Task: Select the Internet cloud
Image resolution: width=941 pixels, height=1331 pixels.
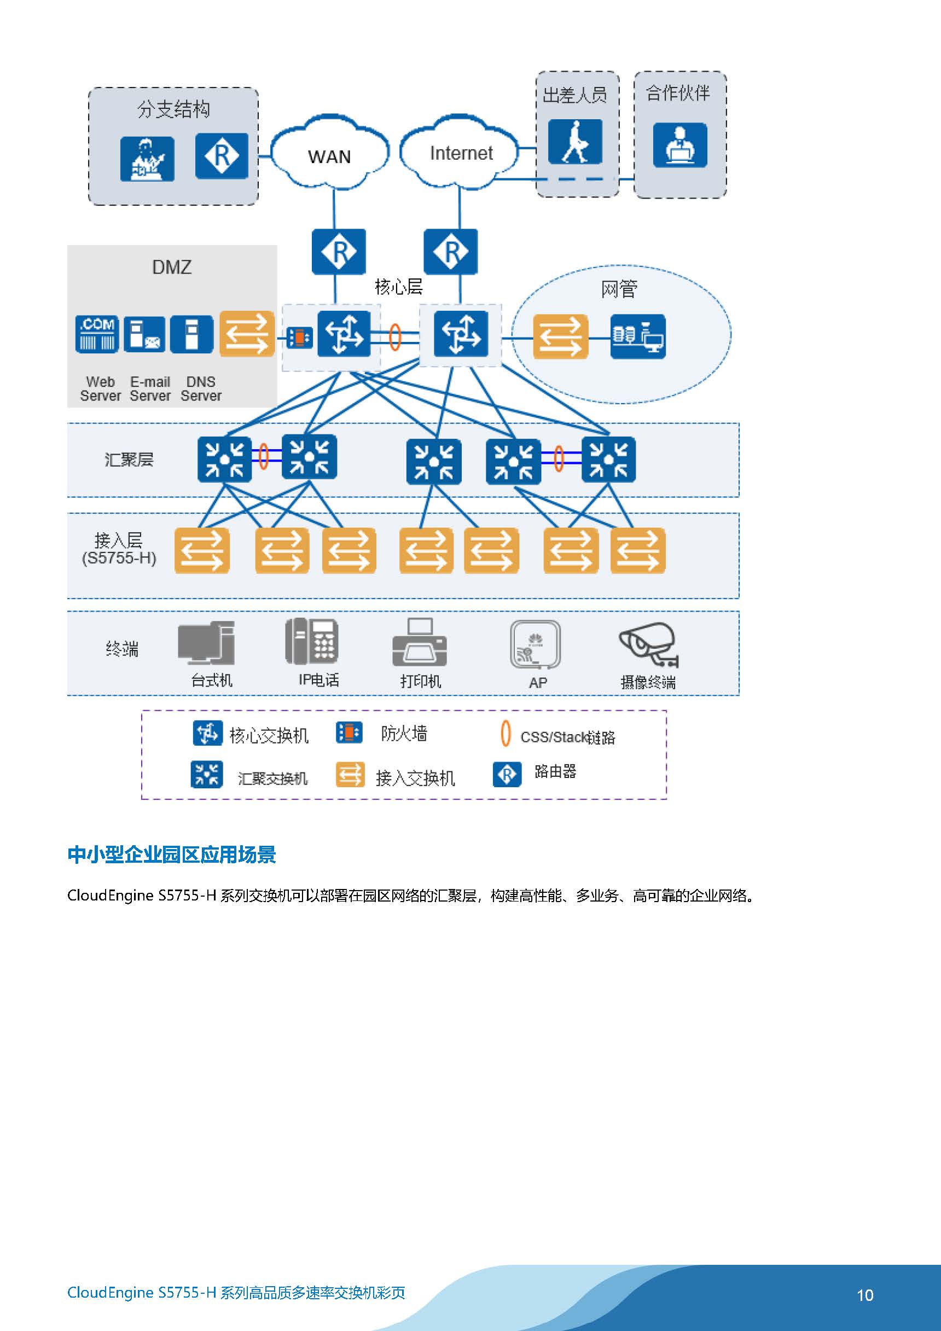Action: click(459, 152)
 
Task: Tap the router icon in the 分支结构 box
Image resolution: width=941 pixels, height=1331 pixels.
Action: click(222, 156)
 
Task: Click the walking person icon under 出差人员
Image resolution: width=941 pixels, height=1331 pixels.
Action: click(575, 142)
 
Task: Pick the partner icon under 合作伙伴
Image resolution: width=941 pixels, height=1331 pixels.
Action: click(680, 145)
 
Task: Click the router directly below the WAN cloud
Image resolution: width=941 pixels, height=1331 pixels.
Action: click(339, 252)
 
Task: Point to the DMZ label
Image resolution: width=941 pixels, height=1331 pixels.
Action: click(172, 268)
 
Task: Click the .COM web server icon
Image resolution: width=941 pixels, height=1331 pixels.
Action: click(97, 334)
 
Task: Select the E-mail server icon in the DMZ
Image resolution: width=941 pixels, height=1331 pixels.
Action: click(144, 334)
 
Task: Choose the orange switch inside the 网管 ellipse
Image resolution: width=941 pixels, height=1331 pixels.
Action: click(561, 336)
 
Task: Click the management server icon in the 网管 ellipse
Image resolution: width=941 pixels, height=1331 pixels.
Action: click(638, 336)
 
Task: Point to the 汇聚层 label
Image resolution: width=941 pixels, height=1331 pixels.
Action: click(129, 460)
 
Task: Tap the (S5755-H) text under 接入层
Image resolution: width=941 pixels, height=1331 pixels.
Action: click(119, 558)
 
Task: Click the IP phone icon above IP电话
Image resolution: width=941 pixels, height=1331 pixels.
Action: click(312, 642)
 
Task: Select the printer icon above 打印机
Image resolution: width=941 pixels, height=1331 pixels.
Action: click(420, 642)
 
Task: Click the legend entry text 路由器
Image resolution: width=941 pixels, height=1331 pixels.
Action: click(555, 771)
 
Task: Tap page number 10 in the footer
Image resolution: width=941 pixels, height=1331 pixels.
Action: click(865, 1295)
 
